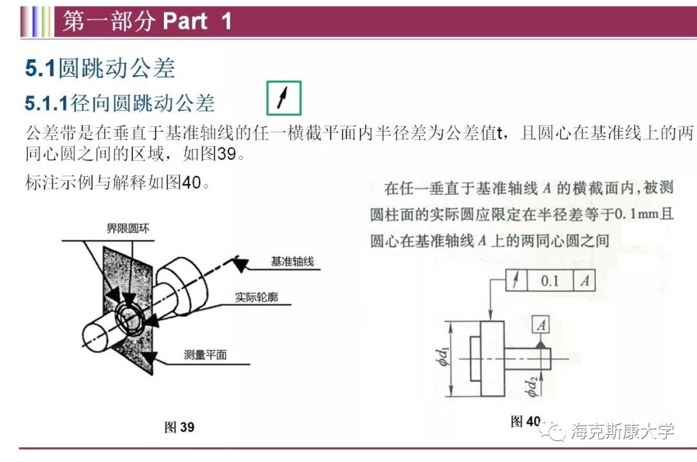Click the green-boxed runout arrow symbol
(x=283, y=98)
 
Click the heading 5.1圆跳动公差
(x=100, y=68)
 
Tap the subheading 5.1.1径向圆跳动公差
(x=119, y=103)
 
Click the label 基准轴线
(x=292, y=262)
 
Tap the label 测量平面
(x=205, y=354)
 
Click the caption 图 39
(x=179, y=427)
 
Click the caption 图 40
(x=525, y=421)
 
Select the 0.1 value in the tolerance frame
(x=550, y=281)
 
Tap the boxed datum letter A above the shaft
(x=541, y=326)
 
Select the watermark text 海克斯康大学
(x=622, y=430)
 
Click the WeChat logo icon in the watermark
(x=556, y=430)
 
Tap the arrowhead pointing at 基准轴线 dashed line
(x=239, y=263)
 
